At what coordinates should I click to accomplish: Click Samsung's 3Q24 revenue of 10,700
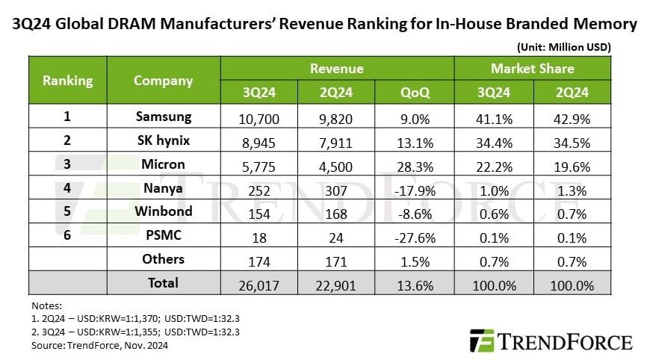tap(259, 117)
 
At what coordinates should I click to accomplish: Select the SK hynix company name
tap(164, 140)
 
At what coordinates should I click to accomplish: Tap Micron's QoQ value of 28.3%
tap(415, 164)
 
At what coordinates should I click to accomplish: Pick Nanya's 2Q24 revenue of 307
tap(336, 188)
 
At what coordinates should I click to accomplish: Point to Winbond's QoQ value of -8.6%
tap(415, 211)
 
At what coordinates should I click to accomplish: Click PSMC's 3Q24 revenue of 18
tap(259, 235)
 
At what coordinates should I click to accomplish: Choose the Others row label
tap(164, 259)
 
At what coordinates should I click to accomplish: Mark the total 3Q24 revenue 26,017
tap(259, 283)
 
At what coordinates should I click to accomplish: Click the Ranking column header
tap(67, 81)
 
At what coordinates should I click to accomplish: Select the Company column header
tap(164, 81)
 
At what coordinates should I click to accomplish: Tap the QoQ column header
tap(415, 93)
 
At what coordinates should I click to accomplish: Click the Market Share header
tap(532, 69)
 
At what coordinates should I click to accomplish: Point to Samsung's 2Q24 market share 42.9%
tap(571, 117)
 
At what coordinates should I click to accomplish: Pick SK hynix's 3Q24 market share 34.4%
tap(493, 140)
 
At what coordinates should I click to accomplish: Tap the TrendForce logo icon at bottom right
tap(482, 341)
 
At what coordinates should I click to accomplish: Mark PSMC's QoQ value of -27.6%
tap(415, 235)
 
